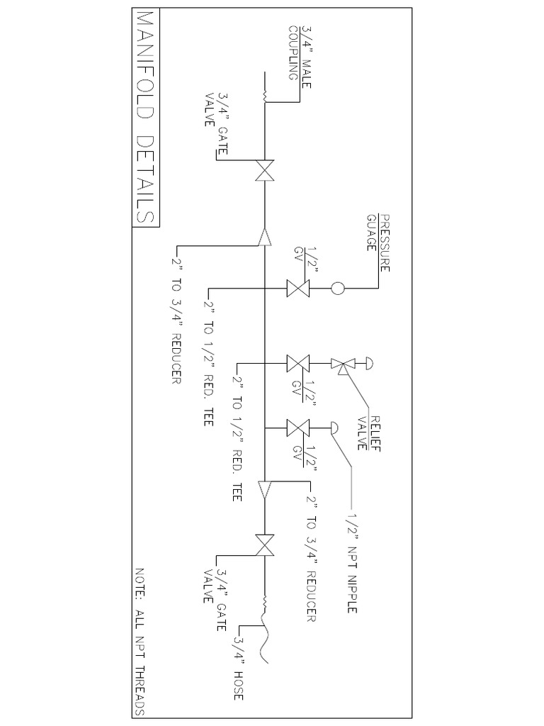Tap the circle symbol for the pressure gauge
click(x=338, y=289)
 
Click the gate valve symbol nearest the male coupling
click(x=266, y=171)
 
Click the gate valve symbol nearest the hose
click(x=266, y=545)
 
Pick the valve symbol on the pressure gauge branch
click(x=297, y=289)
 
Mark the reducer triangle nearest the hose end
click(x=266, y=489)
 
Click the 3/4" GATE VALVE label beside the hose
click(x=215, y=586)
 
